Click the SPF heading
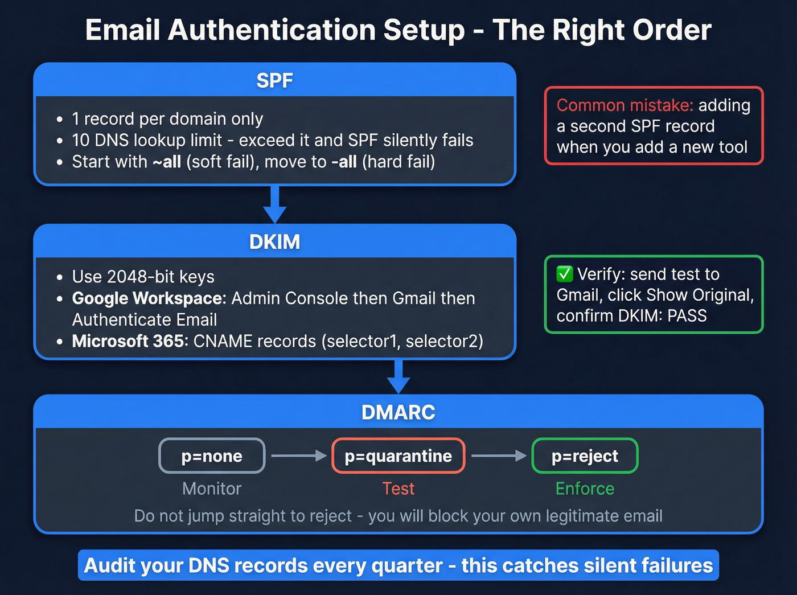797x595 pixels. [274, 80]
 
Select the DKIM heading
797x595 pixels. [274, 241]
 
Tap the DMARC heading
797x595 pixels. [398, 412]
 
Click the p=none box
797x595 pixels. [212, 456]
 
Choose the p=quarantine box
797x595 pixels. [398, 456]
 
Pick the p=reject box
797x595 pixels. [585, 456]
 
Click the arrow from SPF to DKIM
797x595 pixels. [274, 204]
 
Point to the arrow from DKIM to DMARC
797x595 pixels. [398, 376]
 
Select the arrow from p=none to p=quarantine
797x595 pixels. [298, 456]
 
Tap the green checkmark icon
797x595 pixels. [565, 274]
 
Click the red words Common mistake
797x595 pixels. [625, 105]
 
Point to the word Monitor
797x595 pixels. [212, 489]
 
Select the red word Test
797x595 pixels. [398, 489]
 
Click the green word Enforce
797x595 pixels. [585, 489]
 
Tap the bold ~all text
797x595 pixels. [167, 162]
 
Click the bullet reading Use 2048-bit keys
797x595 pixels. [143, 277]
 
